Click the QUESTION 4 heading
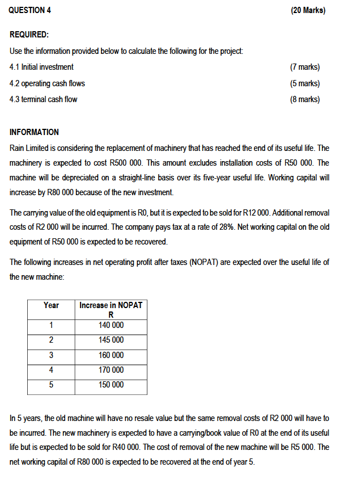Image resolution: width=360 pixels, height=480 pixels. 31,10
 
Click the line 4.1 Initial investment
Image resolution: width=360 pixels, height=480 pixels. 42,67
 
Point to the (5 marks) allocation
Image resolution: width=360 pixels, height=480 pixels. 304,83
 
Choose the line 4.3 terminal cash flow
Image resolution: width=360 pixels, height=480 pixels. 44,99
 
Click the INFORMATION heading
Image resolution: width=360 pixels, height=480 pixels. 34,132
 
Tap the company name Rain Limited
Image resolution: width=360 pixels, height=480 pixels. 29,148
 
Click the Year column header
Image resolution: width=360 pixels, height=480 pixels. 51,305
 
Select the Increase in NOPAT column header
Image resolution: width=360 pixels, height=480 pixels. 111,305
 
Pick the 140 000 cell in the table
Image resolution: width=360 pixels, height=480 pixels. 111,325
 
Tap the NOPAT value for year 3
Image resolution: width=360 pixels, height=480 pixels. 111,355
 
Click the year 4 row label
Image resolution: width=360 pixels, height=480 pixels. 51,370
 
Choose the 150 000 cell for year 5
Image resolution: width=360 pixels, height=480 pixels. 111,385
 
